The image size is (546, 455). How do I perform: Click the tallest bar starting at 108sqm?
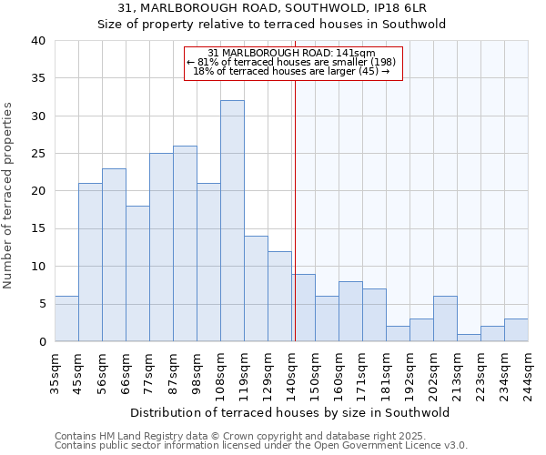tap(232, 221)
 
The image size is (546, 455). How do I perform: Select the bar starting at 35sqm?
tap(66, 318)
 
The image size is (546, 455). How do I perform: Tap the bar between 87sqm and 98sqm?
tap(185, 244)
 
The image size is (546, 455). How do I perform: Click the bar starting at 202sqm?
tap(445, 318)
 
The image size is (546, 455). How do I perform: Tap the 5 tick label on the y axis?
tap(40, 304)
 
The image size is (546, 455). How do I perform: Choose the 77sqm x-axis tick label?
tap(150, 370)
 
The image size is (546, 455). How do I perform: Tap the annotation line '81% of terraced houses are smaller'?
tap(292, 63)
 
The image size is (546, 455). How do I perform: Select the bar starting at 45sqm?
tap(90, 262)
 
